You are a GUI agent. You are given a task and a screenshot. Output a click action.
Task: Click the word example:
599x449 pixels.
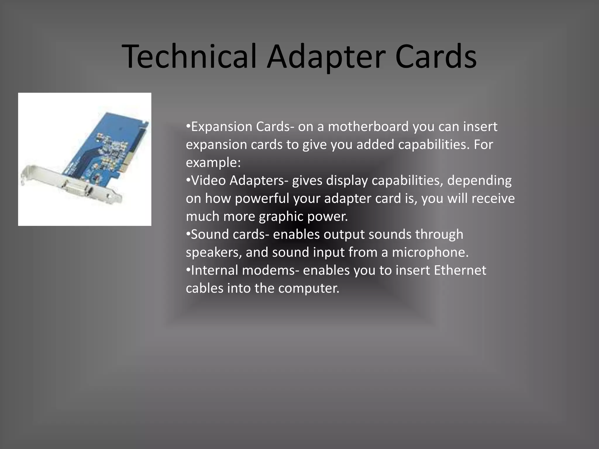[213, 163]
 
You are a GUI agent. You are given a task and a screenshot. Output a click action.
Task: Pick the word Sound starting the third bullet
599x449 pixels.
[210, 234]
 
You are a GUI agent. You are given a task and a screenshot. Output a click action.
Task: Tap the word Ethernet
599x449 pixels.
[460, 270]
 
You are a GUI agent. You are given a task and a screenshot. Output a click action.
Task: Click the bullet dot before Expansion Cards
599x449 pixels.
[188, 126]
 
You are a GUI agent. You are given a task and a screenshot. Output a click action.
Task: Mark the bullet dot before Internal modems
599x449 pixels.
[188, 270]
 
